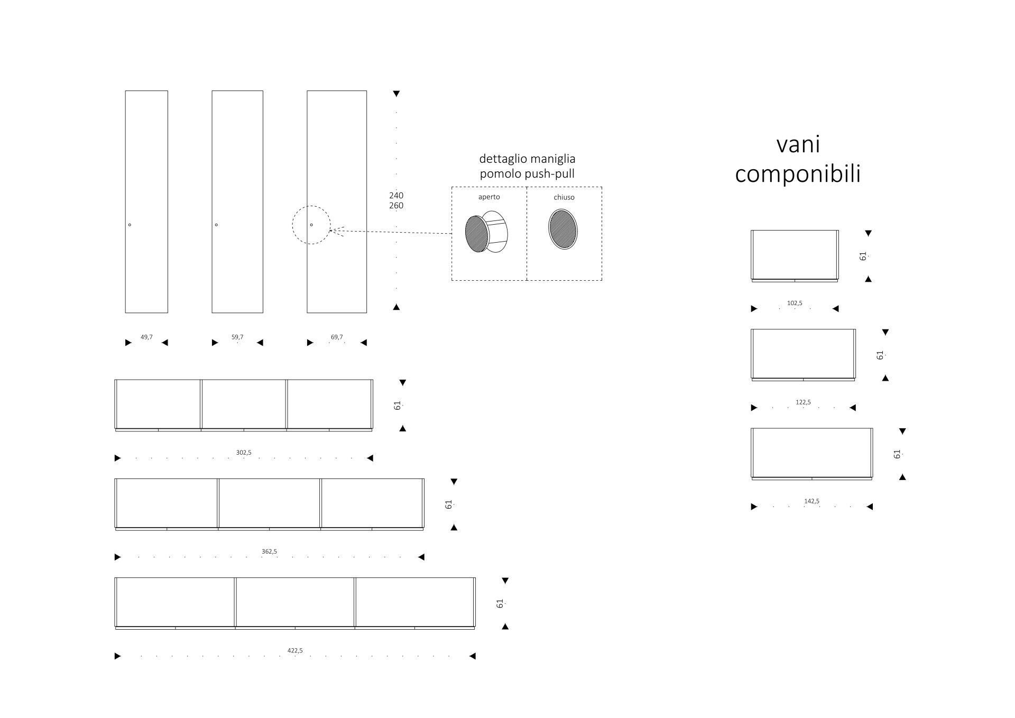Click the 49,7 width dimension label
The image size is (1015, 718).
point(146,337)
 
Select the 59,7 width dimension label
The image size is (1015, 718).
point(237,337)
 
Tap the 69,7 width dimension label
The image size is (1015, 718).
point(337,337)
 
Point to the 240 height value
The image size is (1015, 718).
point(396,196)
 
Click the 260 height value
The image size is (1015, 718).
point(396,206)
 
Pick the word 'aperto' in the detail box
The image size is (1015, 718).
point(489,197)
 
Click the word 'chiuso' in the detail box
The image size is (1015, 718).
point(564,197)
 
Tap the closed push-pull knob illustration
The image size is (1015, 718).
point(563,229)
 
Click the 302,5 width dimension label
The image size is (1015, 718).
point(244,453)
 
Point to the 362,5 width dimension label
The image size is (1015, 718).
point(269,551)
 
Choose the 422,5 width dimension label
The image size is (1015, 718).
point(295,650)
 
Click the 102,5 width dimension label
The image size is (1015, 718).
point(795,303)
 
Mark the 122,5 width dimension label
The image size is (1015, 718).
point(803,402)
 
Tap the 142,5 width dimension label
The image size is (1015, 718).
point(811,501)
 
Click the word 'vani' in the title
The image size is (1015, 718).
point(798,144)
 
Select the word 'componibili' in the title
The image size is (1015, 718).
point(798,174)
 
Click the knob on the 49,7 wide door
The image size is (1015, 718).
point(130,225)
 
